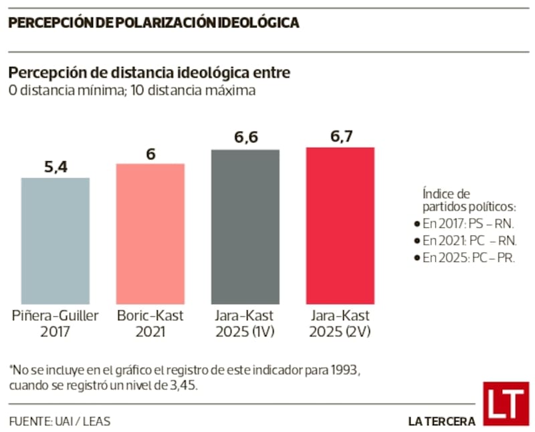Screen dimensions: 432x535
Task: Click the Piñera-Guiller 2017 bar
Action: (55, 240)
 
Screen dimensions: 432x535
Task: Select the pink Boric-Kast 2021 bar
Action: (150, 233)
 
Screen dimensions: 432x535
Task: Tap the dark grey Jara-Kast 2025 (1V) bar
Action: (245, 227)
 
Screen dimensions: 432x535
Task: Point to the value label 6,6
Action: (245, 138)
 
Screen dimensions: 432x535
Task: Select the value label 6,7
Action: (340, 136)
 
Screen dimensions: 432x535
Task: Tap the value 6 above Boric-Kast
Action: (150, 153)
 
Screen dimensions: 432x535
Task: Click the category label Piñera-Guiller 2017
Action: (55, 323)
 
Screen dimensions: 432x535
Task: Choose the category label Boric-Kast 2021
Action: (150, 323)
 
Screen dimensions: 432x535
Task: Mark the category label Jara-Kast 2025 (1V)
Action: (245, 323)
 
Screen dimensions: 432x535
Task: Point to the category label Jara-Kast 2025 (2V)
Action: (340, 323)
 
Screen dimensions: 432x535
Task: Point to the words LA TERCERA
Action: (441, 421)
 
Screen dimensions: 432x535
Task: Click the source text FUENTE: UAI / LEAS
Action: (60, 421)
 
